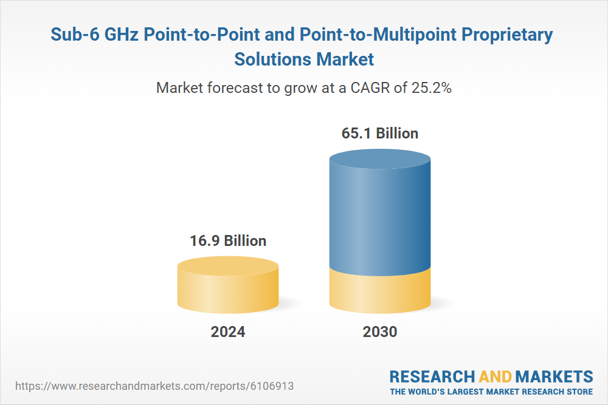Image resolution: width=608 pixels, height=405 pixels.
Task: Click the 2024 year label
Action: point(228,332)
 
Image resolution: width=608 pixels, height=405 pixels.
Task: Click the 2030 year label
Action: point(380,332)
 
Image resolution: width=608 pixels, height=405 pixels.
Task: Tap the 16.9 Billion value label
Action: point(228,241)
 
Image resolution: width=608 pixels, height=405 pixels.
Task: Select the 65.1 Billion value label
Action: point(380,134)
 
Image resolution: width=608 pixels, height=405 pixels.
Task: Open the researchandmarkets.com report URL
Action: point(157,386)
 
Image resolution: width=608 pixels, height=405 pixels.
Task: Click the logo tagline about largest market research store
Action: point(491,391)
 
